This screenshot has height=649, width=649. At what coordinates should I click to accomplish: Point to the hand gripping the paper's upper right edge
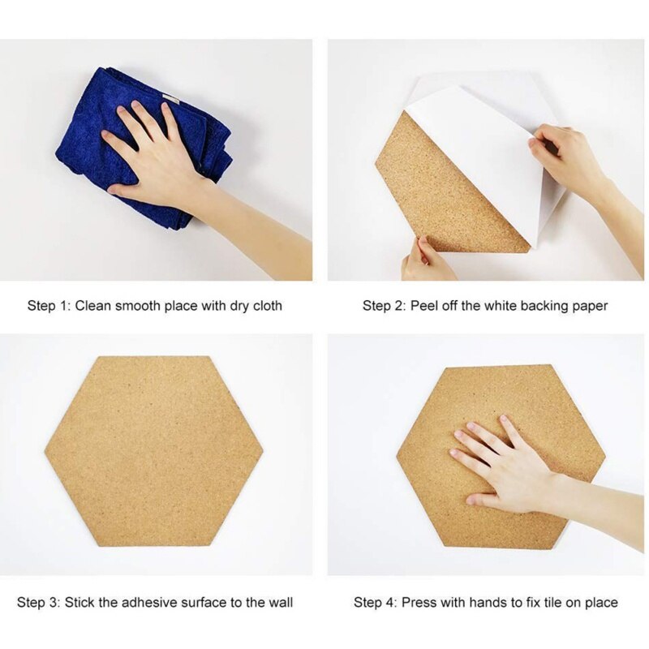[x=568, y=154]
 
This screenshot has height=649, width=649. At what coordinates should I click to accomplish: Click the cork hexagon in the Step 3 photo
[x=154, y=450]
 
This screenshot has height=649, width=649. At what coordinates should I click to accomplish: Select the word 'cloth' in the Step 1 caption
[x=265, y=306]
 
